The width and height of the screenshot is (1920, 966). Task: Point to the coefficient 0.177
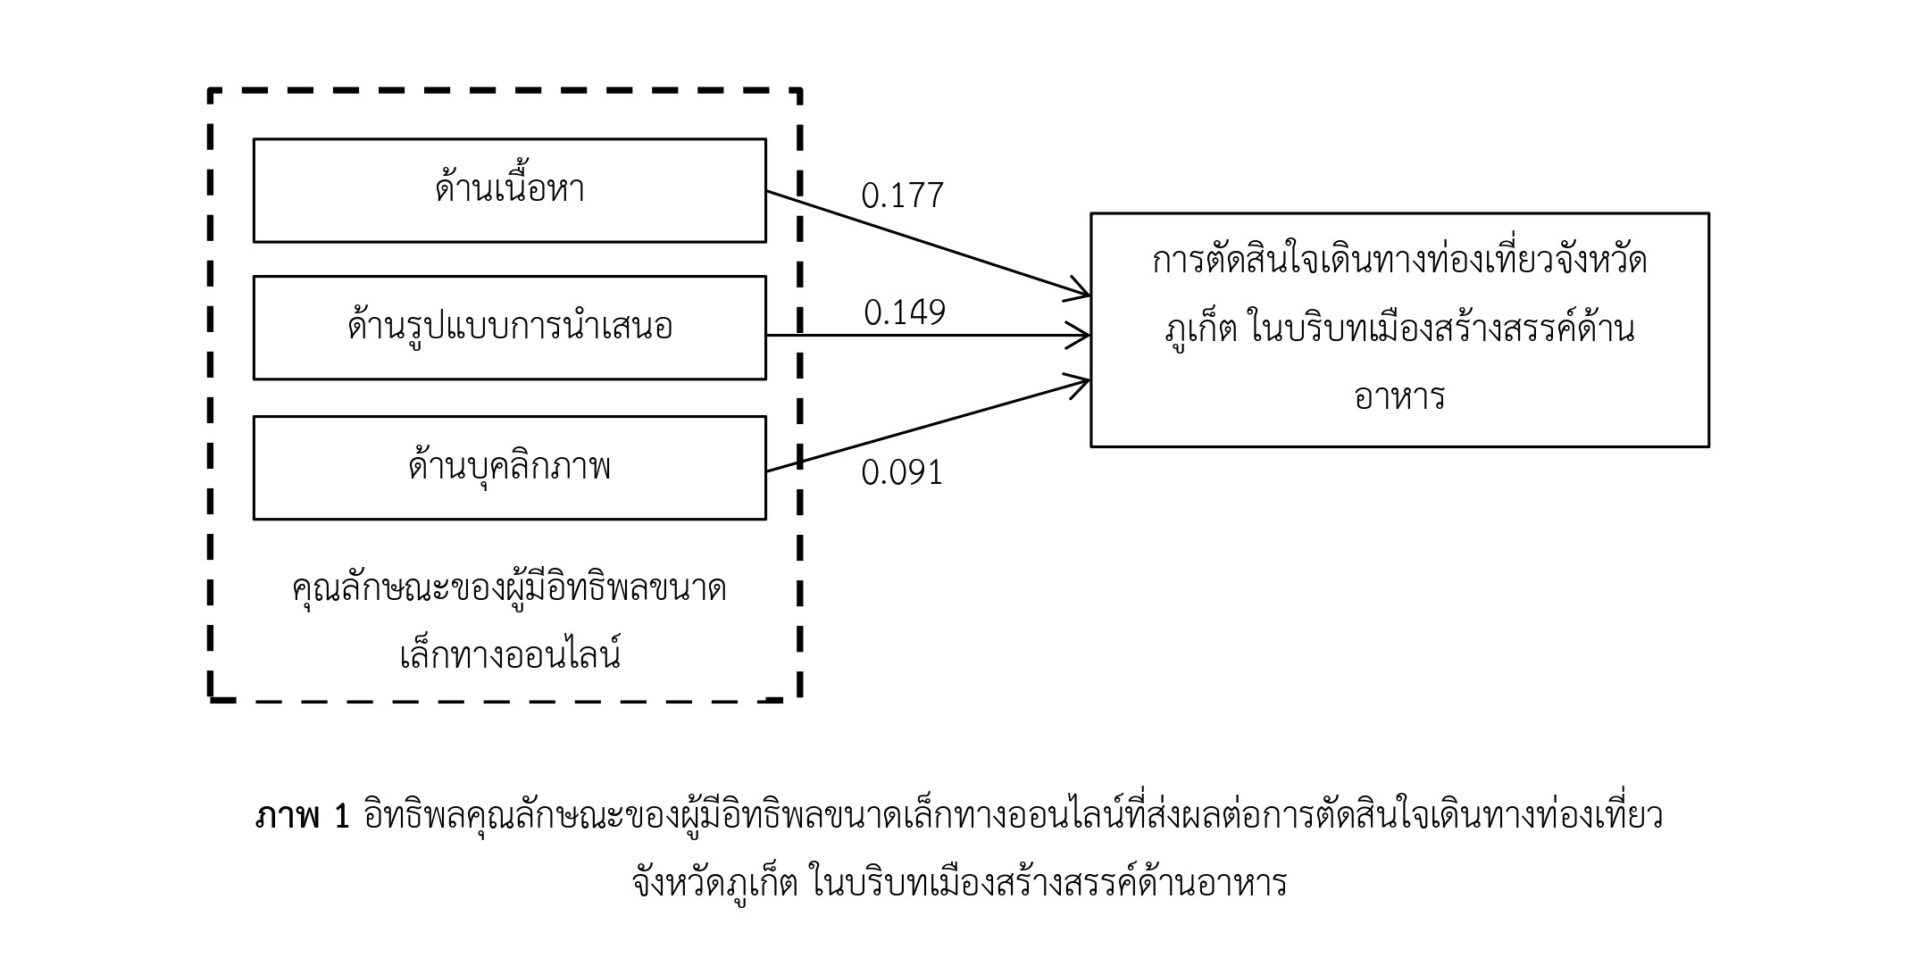coord(902,196)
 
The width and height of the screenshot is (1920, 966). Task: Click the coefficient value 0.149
coord(905,312)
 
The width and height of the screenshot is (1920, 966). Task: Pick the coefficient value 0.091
coord(902,472)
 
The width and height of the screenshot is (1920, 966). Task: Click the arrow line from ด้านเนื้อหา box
coord(928,243)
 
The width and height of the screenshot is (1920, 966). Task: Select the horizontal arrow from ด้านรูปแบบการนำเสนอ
coord(928,336)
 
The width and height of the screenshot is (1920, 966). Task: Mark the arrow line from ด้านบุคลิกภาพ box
coord(928,426)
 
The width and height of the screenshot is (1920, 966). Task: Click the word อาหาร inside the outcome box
coord(1399,396)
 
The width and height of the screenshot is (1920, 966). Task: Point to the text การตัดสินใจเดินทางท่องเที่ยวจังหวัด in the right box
coord(1399,261)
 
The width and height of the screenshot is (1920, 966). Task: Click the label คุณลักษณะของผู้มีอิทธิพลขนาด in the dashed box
coord(510,589)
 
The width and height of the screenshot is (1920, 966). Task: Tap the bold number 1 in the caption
coord(341,816)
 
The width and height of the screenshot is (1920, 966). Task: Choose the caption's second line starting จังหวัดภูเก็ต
coord(960,883)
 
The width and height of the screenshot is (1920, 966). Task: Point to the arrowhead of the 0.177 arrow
coord(1079,291)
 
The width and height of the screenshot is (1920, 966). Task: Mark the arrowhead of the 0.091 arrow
coord(1079,383)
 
